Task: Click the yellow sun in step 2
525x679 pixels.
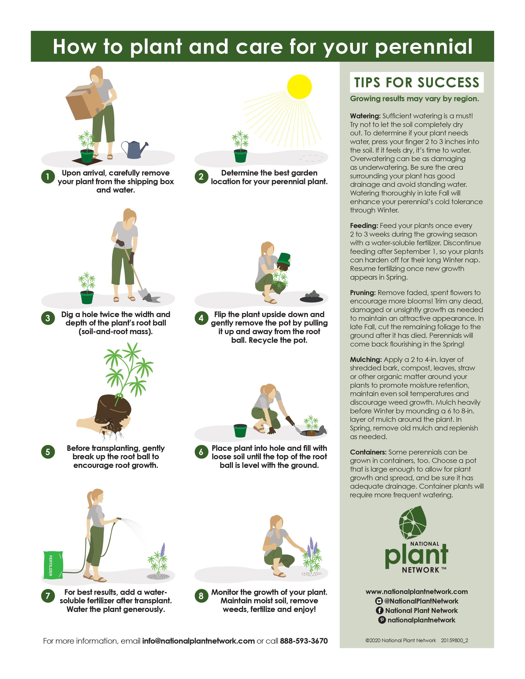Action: [x=299, y=87]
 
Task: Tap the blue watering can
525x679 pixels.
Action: [x=134, y=149]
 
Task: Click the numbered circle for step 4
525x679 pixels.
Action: [x=201, y=318]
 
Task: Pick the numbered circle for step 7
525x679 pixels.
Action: [x=48, y=596]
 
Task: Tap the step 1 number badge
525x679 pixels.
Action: [x=48, y=177]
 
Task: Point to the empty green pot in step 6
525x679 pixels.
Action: [x=240, y=431]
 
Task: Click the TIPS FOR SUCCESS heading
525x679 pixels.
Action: [x=417, y=82]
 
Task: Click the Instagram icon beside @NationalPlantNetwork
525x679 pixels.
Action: [x=379, y=601]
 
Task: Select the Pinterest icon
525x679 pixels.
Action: [x=382, y=620]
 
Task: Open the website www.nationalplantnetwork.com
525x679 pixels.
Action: [x=417, y=592]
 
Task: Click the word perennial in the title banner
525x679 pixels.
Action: [x=424, y=47]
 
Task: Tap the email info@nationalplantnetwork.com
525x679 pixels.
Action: [x=198, y=641]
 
